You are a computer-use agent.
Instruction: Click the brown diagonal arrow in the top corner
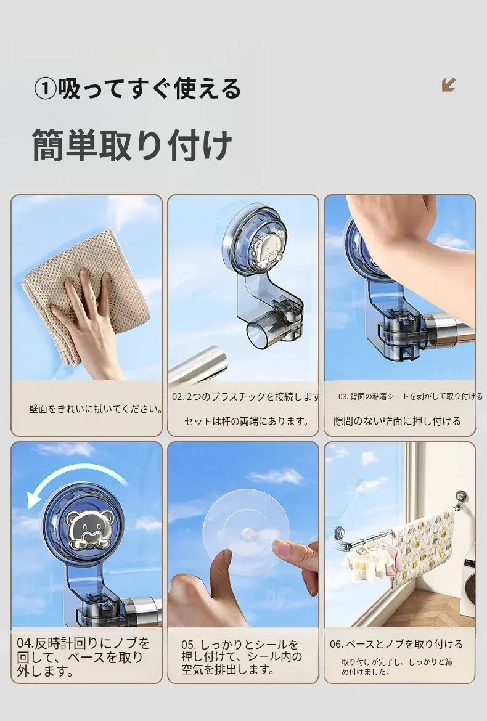pos(448,84)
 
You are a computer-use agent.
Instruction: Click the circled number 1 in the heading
pos(45,89)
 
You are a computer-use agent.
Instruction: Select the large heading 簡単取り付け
pos(132,145)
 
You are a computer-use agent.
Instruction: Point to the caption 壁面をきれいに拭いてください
pos(96,409)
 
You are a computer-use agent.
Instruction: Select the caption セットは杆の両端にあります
pos(247,421)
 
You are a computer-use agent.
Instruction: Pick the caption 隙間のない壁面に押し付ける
pos(398,421)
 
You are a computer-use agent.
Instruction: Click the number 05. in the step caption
pos(189,645)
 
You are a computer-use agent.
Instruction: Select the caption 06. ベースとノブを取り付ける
pos(396,644)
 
